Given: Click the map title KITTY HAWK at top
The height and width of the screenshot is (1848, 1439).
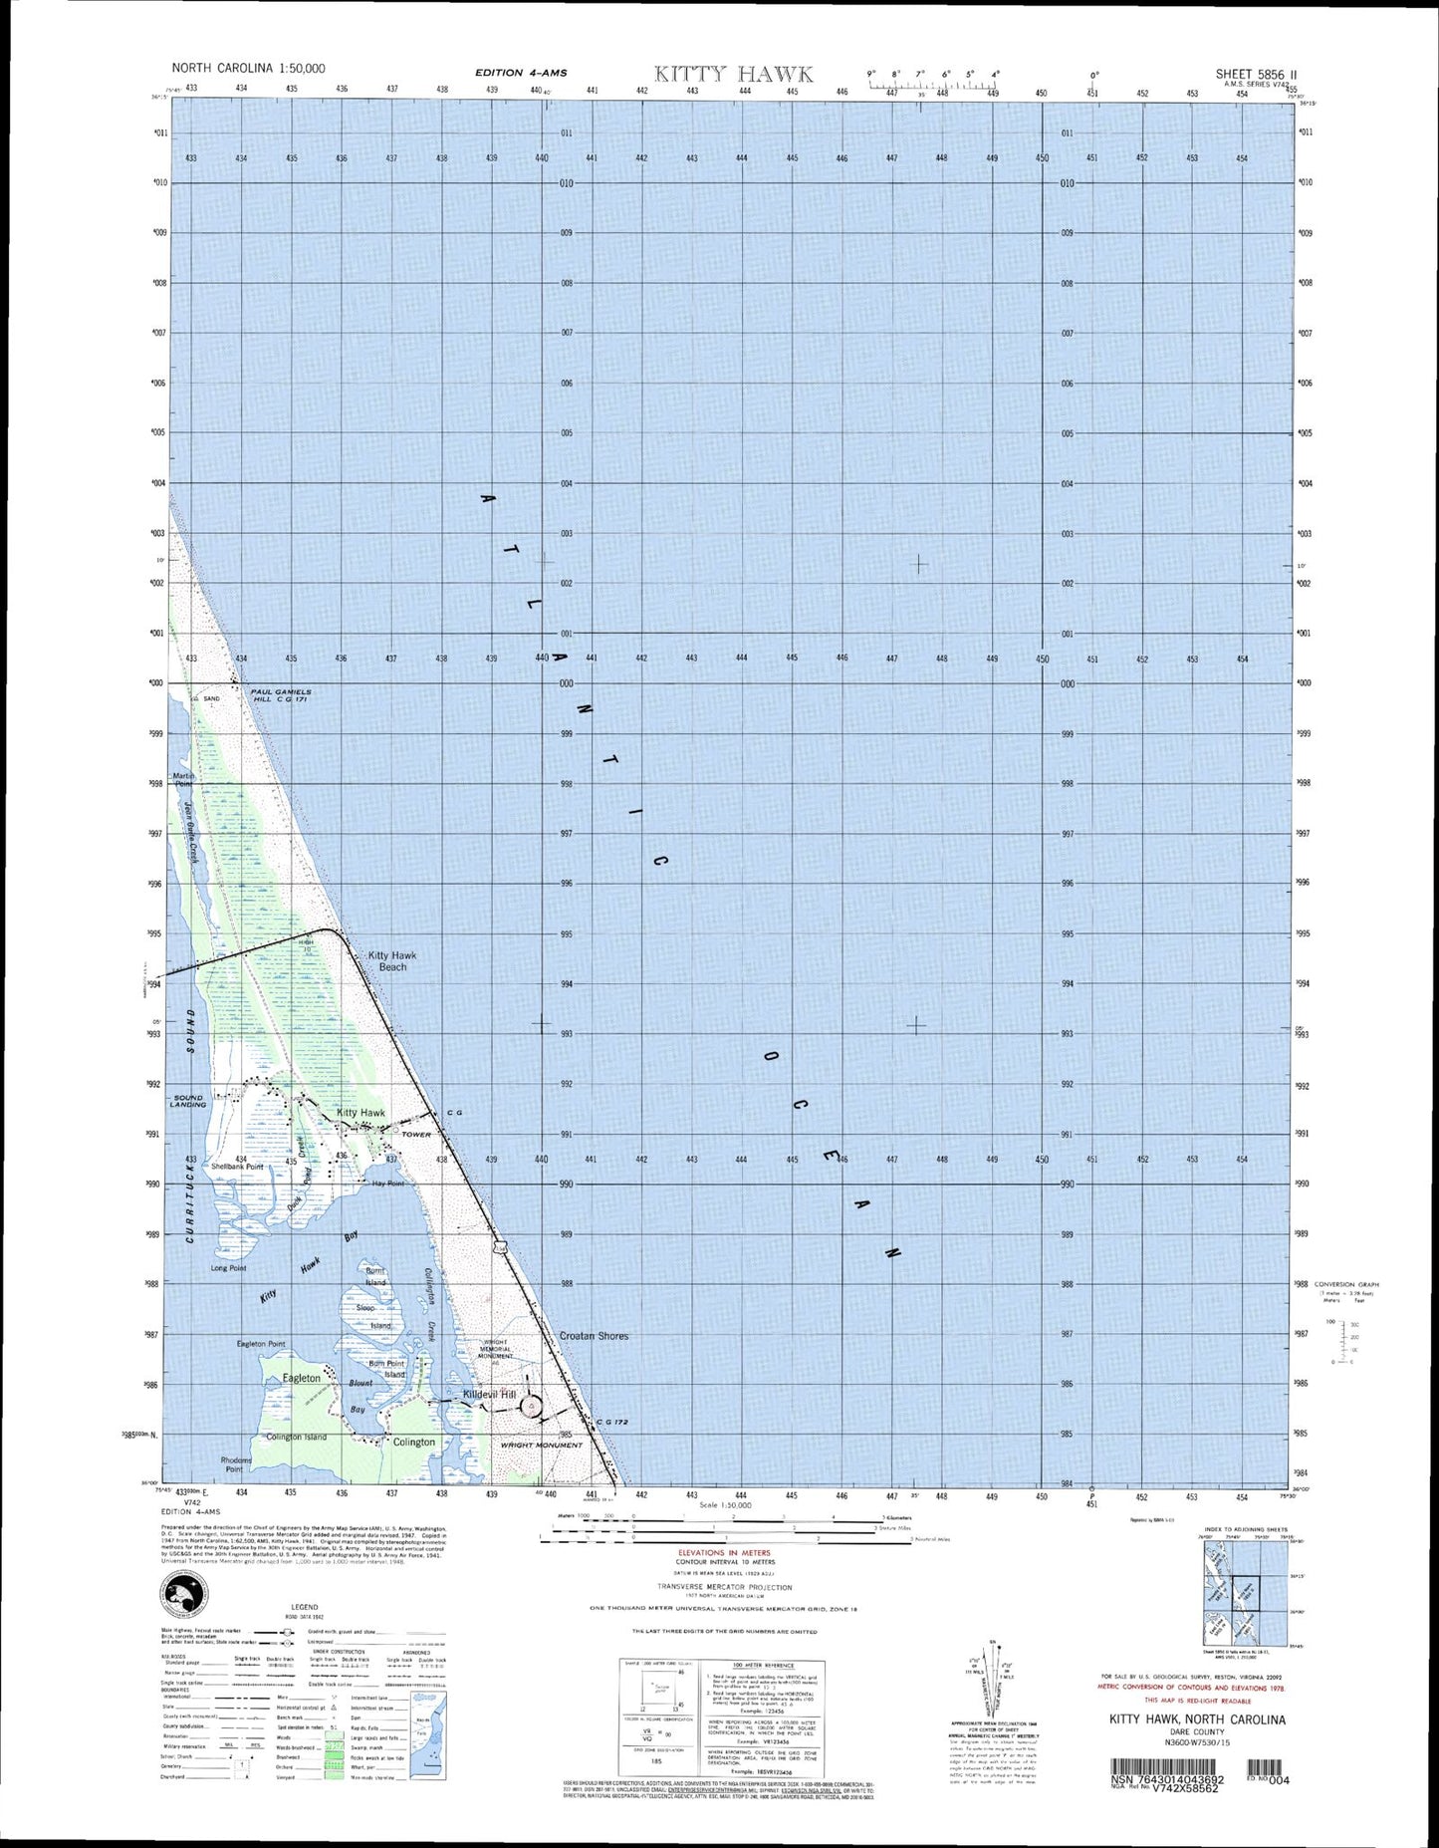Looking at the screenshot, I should [x=733, y=74].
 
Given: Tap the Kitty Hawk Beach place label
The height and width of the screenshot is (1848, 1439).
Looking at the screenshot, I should [x=392, y=960].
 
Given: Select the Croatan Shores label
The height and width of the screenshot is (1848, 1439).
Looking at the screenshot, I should [x=594, y=1336].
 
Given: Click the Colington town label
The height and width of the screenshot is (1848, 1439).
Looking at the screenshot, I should [x=413, y=1442].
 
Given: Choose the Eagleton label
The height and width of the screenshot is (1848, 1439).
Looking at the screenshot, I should [x=302, y=1378].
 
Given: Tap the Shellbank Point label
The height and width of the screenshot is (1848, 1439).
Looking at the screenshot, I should [x=237, y=1166].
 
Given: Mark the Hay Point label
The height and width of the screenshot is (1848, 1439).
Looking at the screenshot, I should [x=387, y=1184].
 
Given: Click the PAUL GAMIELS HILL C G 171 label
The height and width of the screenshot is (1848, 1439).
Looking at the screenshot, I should [x=280, y=695].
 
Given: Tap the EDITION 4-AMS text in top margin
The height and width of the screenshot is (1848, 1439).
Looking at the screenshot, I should [x=521, y=73].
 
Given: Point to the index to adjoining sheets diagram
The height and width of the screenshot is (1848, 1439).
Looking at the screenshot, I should [x=1245, y=1595].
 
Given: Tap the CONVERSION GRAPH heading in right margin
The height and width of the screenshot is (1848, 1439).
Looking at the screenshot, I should [x=1346, y=1284].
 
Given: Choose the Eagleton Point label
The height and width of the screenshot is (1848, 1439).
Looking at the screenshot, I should [x=261, y=1344].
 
